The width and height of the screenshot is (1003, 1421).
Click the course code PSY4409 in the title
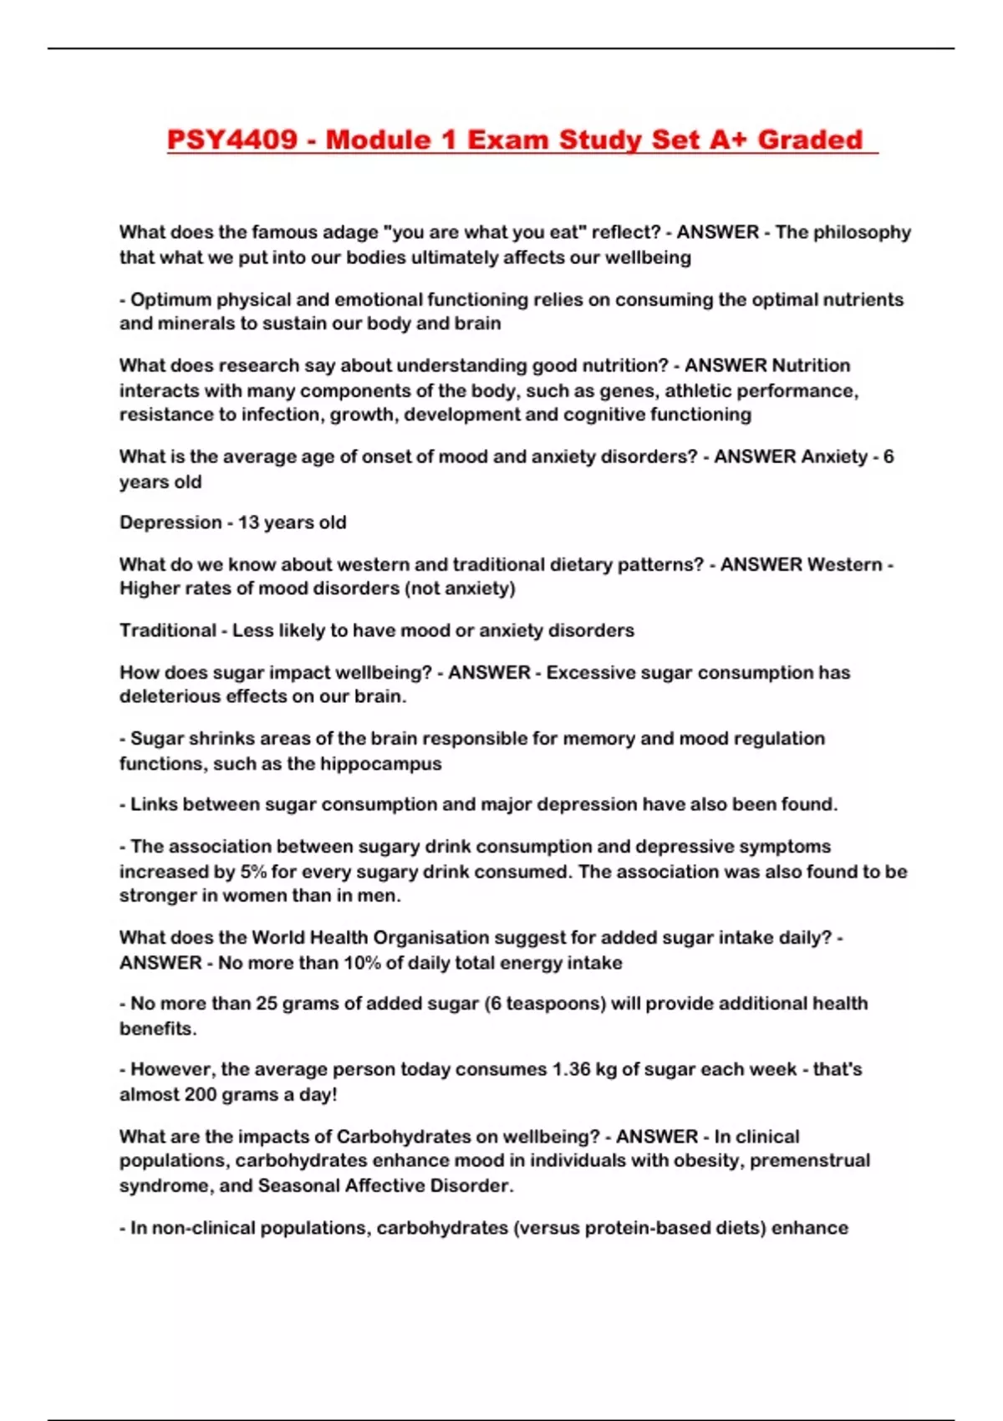[x=232, y=140]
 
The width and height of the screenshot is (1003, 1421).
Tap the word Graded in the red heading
[x=809, y=140]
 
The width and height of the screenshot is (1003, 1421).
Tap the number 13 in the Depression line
[x=249, y=522]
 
